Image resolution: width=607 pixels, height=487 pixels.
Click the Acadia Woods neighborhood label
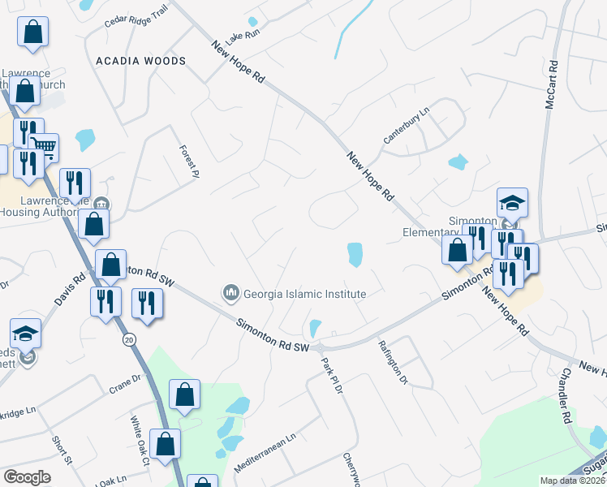click(140, 61)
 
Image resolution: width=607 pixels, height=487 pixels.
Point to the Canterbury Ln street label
click(406, 123)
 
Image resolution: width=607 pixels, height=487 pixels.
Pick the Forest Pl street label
click(189, 161)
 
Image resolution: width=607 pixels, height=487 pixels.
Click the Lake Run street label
click(243, 36)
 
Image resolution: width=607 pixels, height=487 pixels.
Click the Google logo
click(28, 476)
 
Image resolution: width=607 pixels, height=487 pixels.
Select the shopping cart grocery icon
click(45, 147)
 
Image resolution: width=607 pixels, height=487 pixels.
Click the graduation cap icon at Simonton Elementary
click(513, 202)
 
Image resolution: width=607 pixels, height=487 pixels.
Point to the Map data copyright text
click(571, 481)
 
